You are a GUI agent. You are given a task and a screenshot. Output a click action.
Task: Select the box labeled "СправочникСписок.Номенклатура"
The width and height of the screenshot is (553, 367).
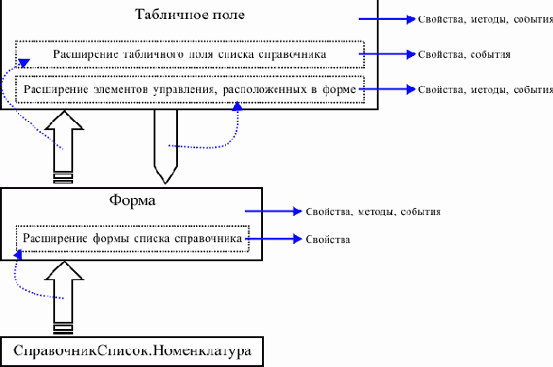pos(130,350)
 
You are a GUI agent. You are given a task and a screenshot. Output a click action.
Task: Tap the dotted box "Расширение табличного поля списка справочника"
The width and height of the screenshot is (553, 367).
pos(190,54)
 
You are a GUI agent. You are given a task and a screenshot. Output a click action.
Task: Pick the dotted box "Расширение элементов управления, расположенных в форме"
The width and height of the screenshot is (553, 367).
pos(190,90)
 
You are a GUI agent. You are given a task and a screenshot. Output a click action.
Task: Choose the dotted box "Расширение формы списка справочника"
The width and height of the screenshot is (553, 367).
pos(132,239)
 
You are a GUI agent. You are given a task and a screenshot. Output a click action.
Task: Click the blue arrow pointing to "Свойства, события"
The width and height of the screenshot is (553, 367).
pos(386,54)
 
